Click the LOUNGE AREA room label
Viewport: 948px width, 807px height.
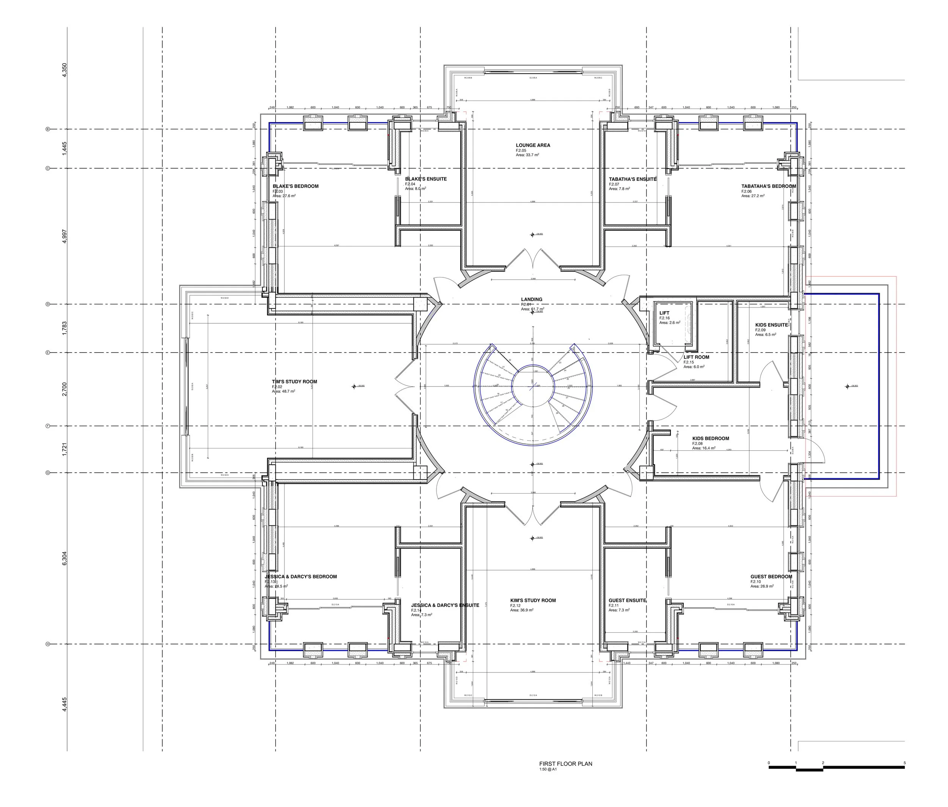pos(533,146)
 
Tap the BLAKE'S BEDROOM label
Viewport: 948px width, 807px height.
pos(295,186)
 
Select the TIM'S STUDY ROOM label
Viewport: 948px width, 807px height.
pos(294,382)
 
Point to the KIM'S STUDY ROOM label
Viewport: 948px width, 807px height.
pos(533,600)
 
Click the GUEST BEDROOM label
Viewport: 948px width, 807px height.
pos(771,577)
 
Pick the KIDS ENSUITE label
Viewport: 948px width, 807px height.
pos(771,325)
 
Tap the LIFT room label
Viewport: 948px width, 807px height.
pos(664,313)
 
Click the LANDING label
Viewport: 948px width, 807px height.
pos(532,299)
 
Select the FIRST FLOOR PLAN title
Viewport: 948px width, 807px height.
pos(565,763)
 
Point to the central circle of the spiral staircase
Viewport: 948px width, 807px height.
pos(532,386)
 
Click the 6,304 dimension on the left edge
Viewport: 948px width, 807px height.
pos(64,558)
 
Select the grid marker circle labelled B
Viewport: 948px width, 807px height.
pos(47,129)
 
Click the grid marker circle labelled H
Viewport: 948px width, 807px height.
pos(47,644)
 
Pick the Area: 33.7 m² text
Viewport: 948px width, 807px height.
pos(527,155)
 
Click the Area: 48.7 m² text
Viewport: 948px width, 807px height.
pos(284,392)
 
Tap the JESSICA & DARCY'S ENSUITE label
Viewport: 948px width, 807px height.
pos(445,605)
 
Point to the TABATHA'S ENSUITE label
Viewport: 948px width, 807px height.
pos(632,179)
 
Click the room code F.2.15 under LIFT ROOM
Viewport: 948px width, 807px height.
pos(689,362)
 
